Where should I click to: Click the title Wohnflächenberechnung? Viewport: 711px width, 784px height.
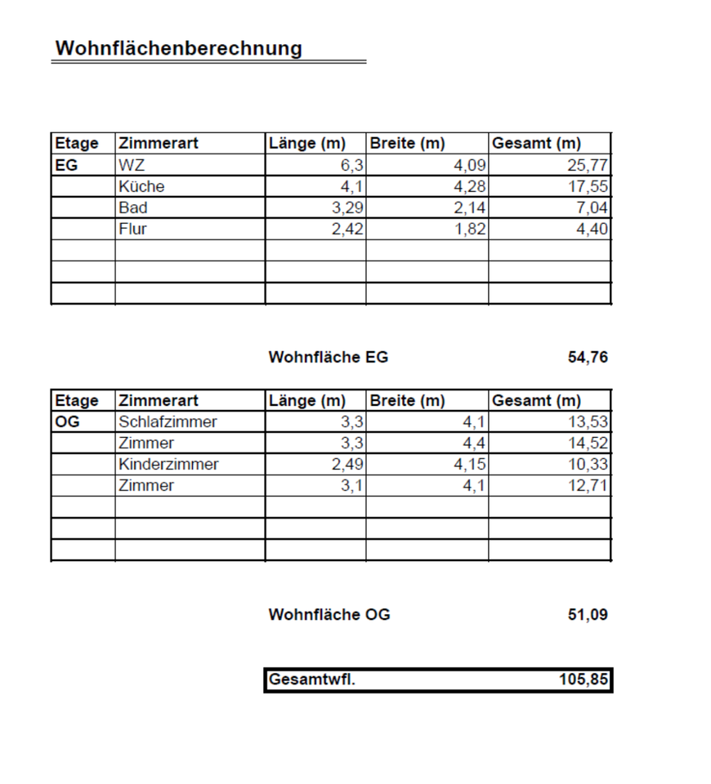pos(178,48)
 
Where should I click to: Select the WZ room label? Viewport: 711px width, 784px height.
pos(132,165)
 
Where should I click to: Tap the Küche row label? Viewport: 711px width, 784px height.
pos(141,186)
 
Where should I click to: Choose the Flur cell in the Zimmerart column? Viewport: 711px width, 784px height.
pos(132,229)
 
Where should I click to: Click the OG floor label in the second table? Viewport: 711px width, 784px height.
pos(67,422)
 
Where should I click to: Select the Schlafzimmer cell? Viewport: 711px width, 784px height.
pos(168,422)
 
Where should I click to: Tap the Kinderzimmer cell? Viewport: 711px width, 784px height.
pos(168,465)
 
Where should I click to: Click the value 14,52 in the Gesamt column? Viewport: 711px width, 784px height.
pos(588,443)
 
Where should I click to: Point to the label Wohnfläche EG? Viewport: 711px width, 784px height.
pos(329,357)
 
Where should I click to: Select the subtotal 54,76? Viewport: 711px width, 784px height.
pos(588,357)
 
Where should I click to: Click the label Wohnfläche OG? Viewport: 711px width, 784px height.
pos(329,615)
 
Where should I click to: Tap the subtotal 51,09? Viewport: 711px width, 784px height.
pos(588,615)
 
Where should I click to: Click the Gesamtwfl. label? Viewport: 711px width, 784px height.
pos(312,679)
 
